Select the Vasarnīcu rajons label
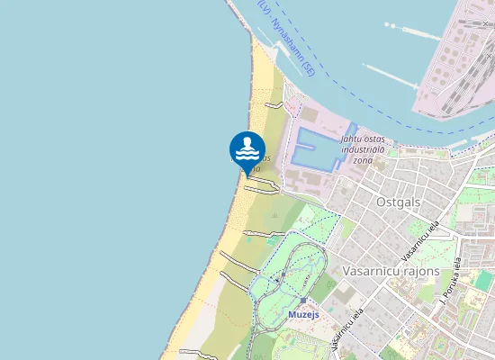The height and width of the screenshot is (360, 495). [391, 270]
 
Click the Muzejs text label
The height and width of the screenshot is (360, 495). [304, 315]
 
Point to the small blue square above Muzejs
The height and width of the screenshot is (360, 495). [304, 301]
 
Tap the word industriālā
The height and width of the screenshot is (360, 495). [362, 149]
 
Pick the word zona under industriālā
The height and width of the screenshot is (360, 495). [362, 160]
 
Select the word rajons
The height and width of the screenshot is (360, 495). [418, 270]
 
